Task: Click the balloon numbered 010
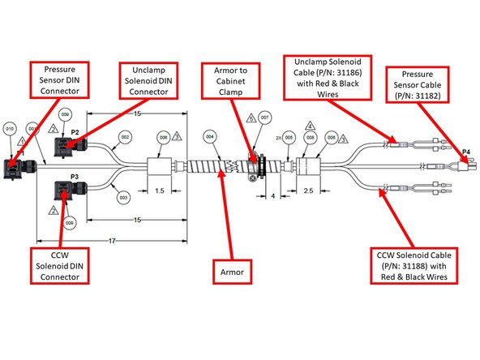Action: [10, 129]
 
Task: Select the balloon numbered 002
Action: [126, 139]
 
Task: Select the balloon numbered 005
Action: [289, 138]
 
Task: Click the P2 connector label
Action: [74, 131]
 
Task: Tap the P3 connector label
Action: [74, 176]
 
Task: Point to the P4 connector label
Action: [465, 152]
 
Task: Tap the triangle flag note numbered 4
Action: [309, 125]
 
